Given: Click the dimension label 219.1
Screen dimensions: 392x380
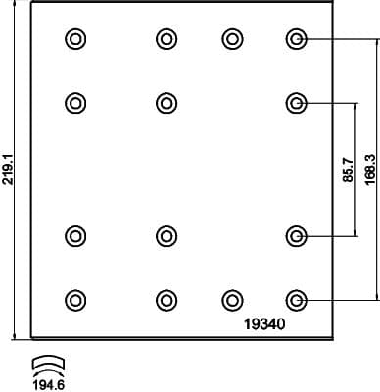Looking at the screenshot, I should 9,170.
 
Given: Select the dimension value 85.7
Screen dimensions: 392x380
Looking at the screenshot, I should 348,171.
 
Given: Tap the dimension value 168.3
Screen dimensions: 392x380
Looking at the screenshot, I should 369,170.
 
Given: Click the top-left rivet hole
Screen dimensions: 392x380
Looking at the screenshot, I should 75,39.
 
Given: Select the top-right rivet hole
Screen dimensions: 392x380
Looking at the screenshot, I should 297,39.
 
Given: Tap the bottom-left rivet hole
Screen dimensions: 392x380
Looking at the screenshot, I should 75,299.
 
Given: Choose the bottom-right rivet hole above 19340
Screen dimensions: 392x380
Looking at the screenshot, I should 297,299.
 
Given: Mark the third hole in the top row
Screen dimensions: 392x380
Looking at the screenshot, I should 232,39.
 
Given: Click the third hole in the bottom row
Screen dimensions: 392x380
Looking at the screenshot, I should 232,299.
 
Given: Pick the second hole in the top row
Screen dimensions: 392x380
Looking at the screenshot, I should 166,39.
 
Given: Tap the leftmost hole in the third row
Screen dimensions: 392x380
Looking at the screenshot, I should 75,235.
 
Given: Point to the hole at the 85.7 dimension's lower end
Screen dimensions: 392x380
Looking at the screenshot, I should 297,235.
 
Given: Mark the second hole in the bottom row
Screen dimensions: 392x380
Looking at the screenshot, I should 166,299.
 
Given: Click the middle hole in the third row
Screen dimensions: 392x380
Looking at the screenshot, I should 166,235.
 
